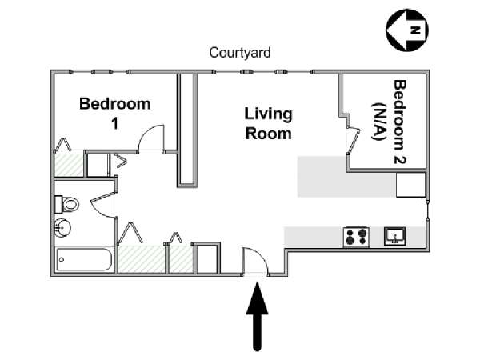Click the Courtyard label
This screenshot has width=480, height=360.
[240, 53]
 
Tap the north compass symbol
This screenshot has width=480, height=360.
[407, 30]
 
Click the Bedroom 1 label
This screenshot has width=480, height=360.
[114, 114]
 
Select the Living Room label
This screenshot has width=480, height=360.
[269, 124]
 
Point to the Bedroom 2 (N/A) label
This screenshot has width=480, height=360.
[389, 122]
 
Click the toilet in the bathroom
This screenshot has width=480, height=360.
[67, 205]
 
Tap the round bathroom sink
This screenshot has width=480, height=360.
[62, 228]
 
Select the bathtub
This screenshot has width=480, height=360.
[83, 259]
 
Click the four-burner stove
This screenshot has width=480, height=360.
[356, 237]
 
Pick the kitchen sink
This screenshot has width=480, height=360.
[395, 236]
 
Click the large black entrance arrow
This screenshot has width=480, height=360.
[258, 317]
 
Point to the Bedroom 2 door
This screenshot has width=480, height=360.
[354, 139]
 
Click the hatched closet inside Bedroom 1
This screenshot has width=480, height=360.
[69, 163]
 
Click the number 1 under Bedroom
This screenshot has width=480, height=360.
[114, 124]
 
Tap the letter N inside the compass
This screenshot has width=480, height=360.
[415, 30]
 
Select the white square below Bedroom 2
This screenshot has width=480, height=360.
[411, 185]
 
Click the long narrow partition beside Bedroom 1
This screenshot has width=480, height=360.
[187, 130]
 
